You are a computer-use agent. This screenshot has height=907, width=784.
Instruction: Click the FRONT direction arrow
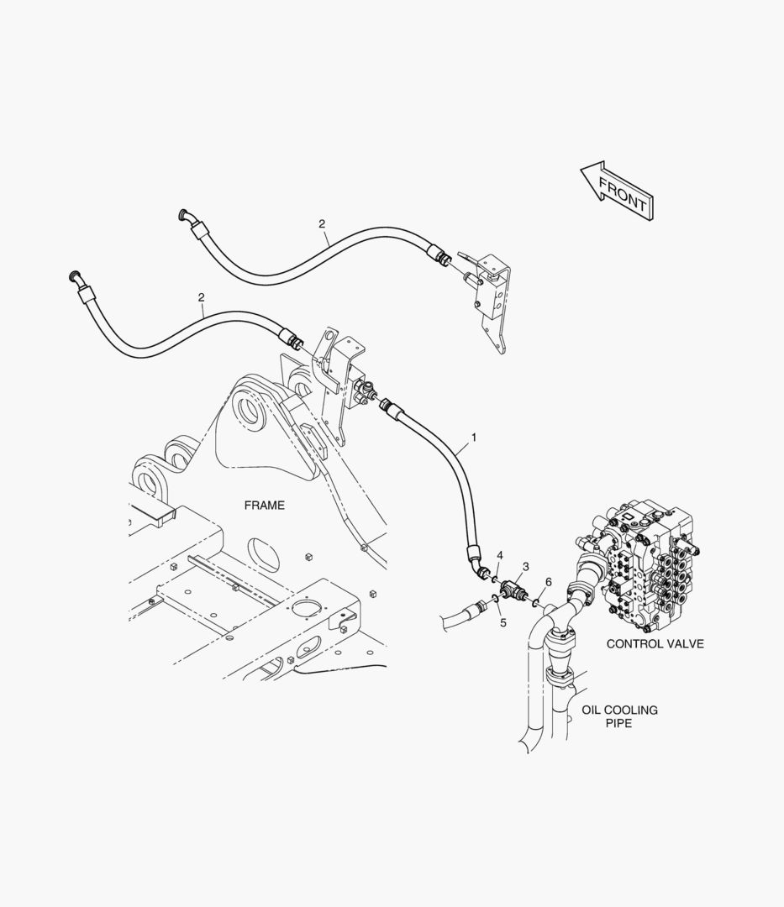click(x=616, y=191)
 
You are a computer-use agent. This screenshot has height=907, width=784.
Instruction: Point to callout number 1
click(x=474, y=438)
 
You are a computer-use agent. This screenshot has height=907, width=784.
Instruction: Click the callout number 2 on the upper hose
click(x=322, y=224)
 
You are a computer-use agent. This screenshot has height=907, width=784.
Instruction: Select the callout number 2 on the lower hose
click(x=201, y=297)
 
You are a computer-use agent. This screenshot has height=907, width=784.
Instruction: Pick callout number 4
click(x=499, y=555)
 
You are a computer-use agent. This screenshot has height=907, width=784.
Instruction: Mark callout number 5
click(x=502, y=622)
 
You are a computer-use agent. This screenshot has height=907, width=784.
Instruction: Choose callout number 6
click(x=548, y=581)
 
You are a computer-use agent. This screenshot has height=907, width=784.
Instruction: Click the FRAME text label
click(x=264, y=506)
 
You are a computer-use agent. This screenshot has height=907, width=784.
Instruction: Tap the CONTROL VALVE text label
click(x=655, y=644)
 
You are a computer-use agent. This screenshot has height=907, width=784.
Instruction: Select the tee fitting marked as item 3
click(x=511, y=593)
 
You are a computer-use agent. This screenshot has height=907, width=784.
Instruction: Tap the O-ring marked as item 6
click(x=536, y=603)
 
